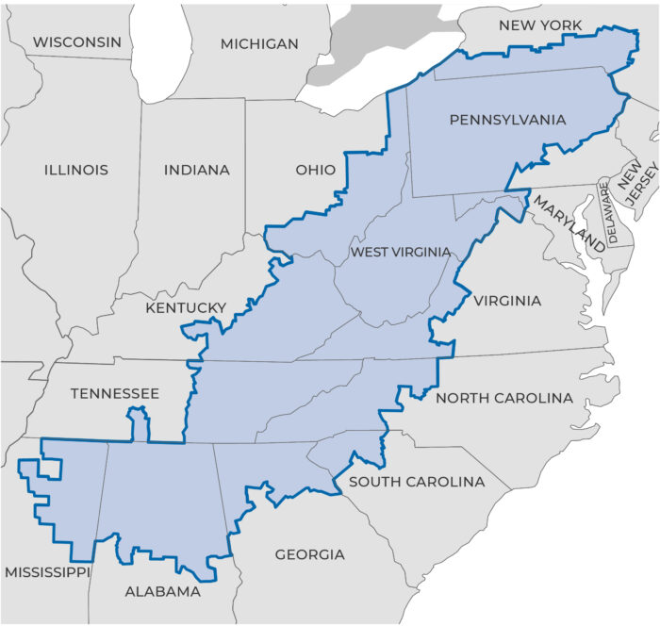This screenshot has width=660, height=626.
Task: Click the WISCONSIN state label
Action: [x=77, y=41]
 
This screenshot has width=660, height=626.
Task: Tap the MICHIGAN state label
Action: [x=259, y=43]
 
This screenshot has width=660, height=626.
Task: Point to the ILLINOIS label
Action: [x=76, y=171]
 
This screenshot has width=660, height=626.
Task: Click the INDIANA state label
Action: [x=197, y=171]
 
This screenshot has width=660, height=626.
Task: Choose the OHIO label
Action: [x=315, y=171]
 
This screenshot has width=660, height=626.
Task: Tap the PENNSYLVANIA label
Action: [x=507, y=120]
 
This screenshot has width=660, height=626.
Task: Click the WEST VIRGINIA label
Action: [x=401, y=252]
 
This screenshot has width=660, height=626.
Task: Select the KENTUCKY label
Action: [x=186, y=308]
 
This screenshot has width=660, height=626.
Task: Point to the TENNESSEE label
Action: [x=115, y=392]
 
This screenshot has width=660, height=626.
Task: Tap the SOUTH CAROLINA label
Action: [x=417, y=482]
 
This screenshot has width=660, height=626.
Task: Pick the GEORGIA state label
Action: [x=309, y=554]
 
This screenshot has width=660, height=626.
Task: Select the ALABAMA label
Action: [x=163, y=592]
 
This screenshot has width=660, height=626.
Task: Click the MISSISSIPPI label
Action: [x=47, y=572]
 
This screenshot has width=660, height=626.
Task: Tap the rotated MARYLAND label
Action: [x=569, y=223]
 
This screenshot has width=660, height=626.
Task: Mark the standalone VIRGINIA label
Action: [x=507, y=301]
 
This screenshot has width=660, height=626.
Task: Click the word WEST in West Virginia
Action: [x=370, y=252]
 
